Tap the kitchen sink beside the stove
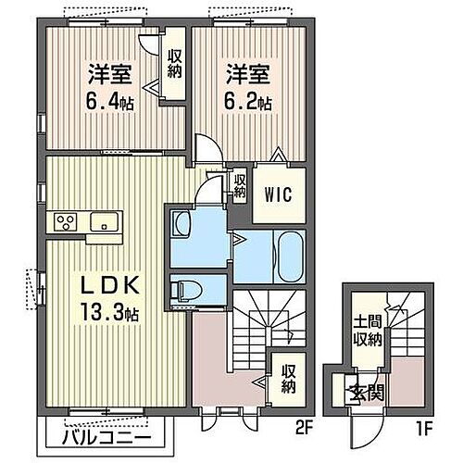pyautogui.click(x=104, y=221)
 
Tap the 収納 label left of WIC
pyautogui.click(x=239, y=186)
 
